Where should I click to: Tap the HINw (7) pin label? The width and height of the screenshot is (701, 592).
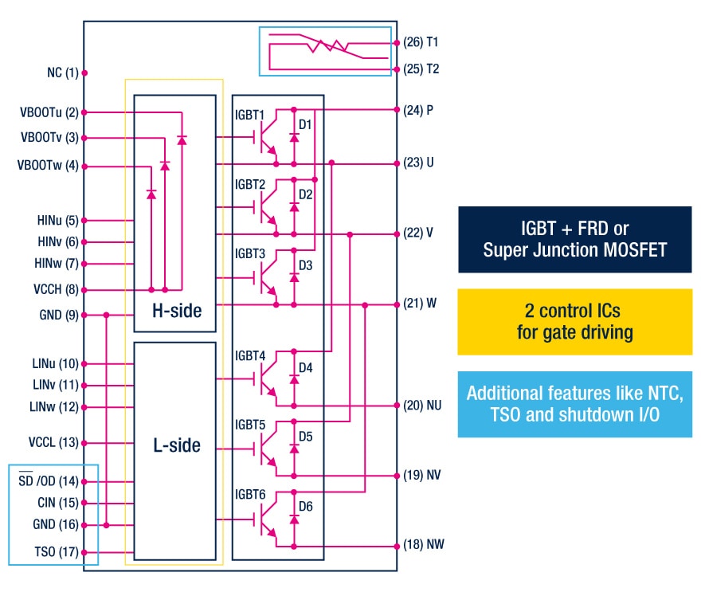tap(57, 264)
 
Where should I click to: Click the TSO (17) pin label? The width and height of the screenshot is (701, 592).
tap(55, 552)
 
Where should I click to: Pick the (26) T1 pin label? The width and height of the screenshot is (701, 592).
tap(422, 41)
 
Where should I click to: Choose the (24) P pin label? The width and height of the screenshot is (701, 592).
tap(419, 110)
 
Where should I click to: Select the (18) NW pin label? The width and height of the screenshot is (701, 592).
tap(424, 547)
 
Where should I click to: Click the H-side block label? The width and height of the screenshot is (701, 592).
tap(177, 311)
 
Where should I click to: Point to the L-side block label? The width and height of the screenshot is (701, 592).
tap(177, 446)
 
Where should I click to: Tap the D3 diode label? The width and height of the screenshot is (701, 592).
tap(306, 265)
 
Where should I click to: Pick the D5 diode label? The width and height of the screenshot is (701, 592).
tap(306, 437)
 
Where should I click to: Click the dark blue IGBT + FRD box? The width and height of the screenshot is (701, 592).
tap(574, 239)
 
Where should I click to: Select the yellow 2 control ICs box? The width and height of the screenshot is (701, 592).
tap(574, 321)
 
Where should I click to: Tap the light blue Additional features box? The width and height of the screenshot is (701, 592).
tap(574, 404)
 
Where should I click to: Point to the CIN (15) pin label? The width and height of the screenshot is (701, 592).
tap(58, 503)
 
